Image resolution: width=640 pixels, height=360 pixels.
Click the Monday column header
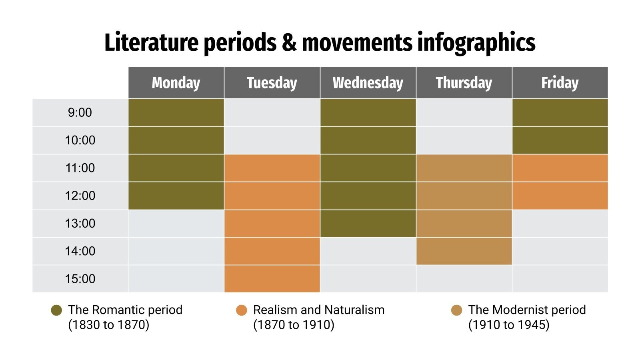(x=176, y=83)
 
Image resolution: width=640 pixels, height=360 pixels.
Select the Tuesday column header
(x=272, y=83)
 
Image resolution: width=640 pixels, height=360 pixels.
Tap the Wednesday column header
(x=368, y=83)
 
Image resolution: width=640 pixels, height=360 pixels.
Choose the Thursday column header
(x=464, y=83)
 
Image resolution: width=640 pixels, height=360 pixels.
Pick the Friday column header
(x=560, y=83)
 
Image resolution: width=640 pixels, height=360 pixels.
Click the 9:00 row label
(x=80, y=113)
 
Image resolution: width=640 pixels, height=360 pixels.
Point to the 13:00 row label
(x=80, y=223)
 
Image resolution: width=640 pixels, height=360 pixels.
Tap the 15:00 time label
(x=80, y=279)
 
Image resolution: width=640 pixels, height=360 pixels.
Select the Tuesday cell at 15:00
(x=272, y=279)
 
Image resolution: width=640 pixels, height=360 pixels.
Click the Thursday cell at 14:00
(x=464, y=251)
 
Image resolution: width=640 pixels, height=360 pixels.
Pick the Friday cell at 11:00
(x=560, y=168)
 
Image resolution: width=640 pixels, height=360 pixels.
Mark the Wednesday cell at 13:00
(x=368, y=223)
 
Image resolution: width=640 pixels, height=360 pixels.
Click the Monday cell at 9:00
(x=176, y=113)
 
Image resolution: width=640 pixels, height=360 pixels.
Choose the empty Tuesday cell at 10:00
(x=272, y=140)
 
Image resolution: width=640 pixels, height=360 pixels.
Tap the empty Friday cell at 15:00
(x=560, y=279)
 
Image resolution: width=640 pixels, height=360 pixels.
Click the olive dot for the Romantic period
(x=57, y=310)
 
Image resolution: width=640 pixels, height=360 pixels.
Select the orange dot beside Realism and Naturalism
(x=242, y=310)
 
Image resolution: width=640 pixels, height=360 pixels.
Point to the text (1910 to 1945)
(x=509, y=325)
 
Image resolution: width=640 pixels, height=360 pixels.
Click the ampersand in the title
(x=289, y=42)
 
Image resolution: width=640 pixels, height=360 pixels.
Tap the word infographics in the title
(x=476, y=42)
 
